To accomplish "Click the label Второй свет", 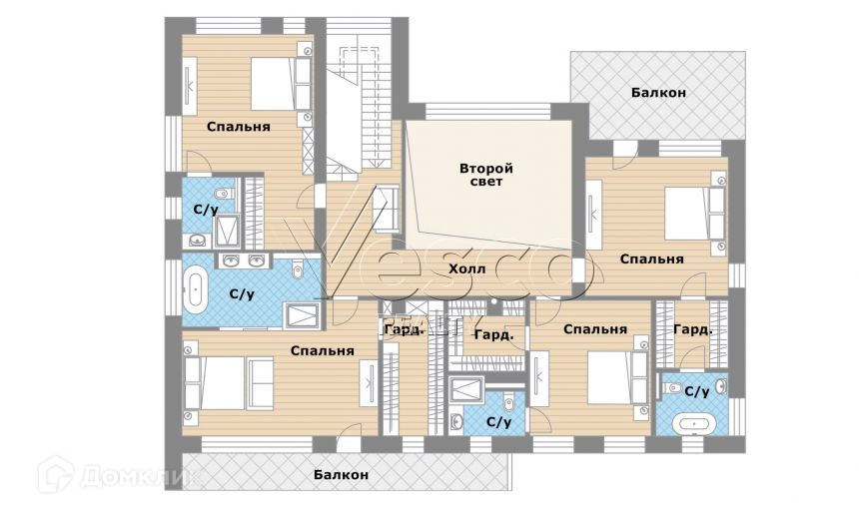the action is pos(485,175).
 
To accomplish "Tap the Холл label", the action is pos(466,268).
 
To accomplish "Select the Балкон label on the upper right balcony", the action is pos(658,93).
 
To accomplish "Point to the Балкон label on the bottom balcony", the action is pos(341,475).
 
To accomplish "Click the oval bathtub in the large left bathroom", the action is pos(195,288).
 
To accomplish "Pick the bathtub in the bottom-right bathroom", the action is pos(694,424).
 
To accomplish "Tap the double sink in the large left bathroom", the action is pos(244,260).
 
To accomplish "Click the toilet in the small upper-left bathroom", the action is pos(223,195).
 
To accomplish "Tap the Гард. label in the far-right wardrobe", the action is pos(692,330).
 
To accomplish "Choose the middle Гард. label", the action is pos(494,334).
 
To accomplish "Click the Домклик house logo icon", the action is pos(55,475).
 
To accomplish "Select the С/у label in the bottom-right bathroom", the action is pos(697,391).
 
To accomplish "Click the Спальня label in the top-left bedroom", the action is pos(239,127).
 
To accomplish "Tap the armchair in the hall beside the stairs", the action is pos(387,209).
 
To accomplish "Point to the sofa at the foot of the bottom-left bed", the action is pos(261,383).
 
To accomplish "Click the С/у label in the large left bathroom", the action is pos(242,294).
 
